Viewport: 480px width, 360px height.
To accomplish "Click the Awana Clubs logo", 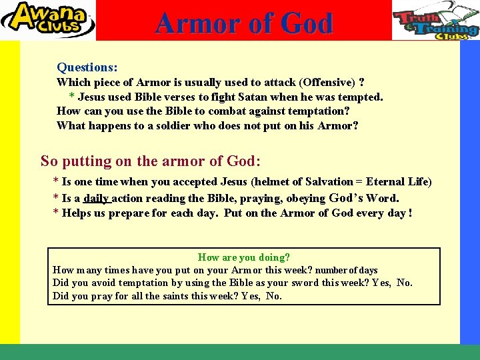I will pos(47,20).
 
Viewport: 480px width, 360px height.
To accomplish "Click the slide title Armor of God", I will pos(243,23).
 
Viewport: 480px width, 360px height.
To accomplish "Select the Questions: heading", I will pos(87,67).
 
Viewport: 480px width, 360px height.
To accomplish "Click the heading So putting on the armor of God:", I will pos(151,161).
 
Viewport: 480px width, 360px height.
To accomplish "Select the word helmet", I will pos(279,181).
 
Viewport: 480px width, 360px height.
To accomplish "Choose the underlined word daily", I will pos(96,198).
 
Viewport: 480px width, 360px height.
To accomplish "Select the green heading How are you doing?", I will pos(244,257).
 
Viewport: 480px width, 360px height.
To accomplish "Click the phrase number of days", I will pos(347,271).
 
